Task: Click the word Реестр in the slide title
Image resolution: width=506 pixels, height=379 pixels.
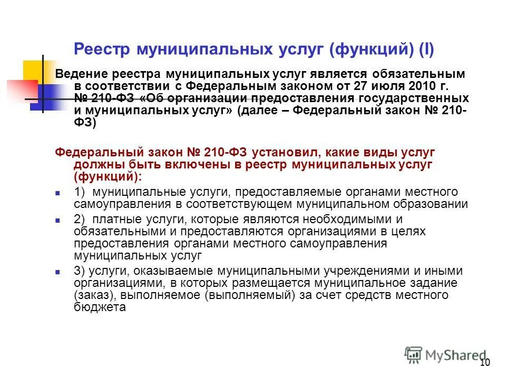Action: point(102,49)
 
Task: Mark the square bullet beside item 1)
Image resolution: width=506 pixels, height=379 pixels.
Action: point(59,193)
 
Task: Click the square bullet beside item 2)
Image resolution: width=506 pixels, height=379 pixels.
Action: point(59,220)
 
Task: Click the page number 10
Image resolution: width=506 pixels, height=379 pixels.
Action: point(485,363)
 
